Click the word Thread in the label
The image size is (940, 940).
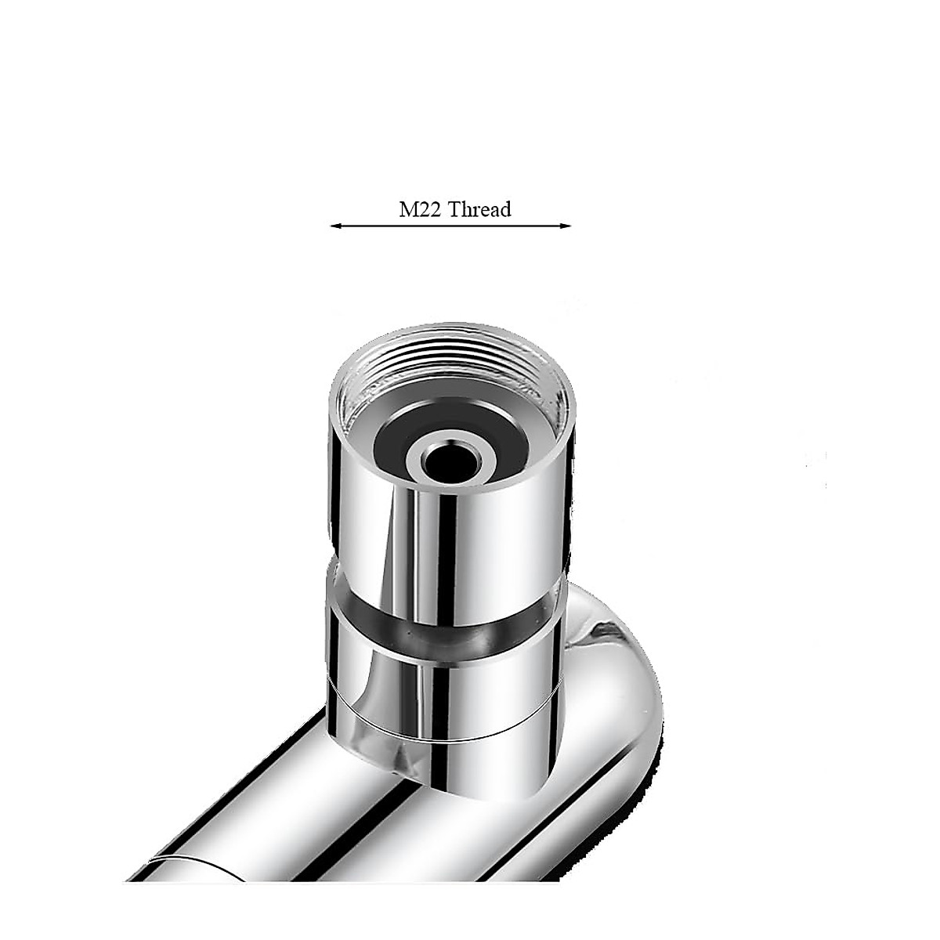pyautogui.click(x=475, y=210)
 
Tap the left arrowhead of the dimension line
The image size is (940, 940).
pyautogui.click(x=334, y=226)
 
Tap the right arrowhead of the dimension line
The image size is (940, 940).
pyautogui.click(x=567, y=226)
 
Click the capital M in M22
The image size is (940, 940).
pyautogui.click(x=401, y=210)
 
